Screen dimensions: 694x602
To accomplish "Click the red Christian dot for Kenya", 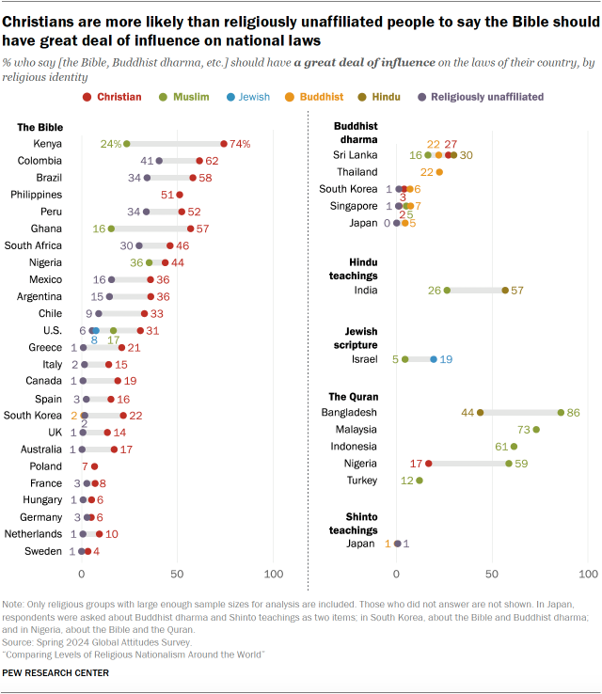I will [224, 144].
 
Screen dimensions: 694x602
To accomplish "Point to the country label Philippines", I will [36, 195].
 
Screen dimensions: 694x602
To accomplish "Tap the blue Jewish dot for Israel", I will [434, 359].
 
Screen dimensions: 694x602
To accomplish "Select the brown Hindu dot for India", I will [505, 291].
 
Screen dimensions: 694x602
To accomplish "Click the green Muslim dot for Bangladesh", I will [561, 412].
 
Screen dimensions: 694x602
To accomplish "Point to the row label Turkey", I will [362, 481].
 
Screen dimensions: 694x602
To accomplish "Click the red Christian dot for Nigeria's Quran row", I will [429, 463].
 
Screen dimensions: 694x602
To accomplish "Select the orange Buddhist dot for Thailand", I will [439, 172].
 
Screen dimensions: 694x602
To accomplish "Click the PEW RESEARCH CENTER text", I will [56, 672].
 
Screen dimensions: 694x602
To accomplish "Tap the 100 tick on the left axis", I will [274, 575].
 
